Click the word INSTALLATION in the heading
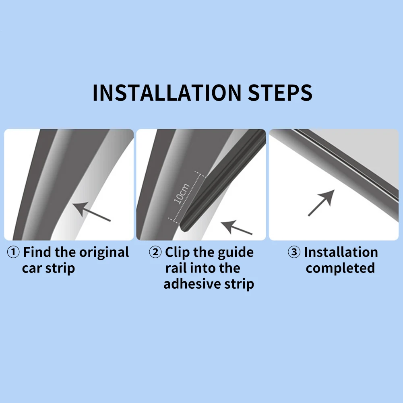click(167, 93)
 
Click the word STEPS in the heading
click(280, 93)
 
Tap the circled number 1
click(13, 252)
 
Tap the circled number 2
click(155, 252)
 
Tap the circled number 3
click(294, 252)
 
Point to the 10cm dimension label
click(182, 194)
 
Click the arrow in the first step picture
click(91, 212)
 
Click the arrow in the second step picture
click(237, 227)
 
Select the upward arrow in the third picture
click(321, 203)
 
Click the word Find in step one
click(37, 252)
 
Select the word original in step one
click(104, 253)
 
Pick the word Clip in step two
click(178, 253)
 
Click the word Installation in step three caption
click(341, 252)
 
